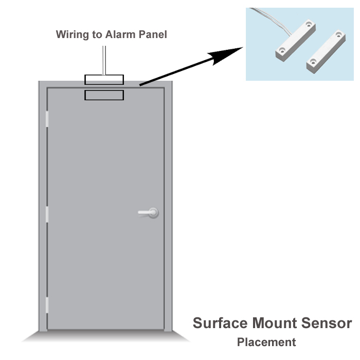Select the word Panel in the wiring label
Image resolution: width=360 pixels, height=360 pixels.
point(153,34)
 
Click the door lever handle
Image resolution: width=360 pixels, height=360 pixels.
point(148,213)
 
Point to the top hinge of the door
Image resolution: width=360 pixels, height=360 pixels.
point(47,119)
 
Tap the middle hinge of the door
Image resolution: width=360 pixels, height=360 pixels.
point(47,214)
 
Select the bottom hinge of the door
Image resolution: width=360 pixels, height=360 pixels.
point(47,305)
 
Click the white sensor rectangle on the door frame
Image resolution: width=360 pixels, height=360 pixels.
point(104,80)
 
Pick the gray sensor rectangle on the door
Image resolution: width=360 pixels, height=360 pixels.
point(104,95)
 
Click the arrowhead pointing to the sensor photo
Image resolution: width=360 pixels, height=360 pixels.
point(225,56)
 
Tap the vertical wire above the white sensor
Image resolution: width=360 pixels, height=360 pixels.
point(104,60)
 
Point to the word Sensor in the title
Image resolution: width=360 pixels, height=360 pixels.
point(327,323)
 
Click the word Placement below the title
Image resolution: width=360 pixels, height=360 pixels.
point(266,343)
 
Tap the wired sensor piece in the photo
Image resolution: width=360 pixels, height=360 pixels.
point(296,41)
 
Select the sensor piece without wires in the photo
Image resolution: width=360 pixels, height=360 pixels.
point(326,51)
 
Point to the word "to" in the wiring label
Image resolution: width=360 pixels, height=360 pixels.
point(97,35)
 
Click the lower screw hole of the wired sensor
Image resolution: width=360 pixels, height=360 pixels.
point(282,49)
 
